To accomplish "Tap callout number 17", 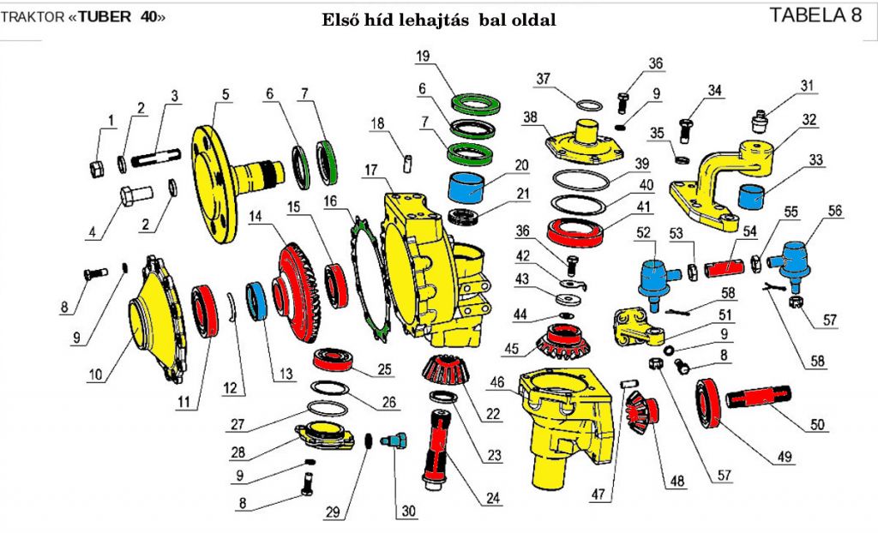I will pyautogui.click(x=370, y=170).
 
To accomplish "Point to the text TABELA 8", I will pyautogui.click(x=815, y=15).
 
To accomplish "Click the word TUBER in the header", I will pyautogui.click(x=106, y=18).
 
